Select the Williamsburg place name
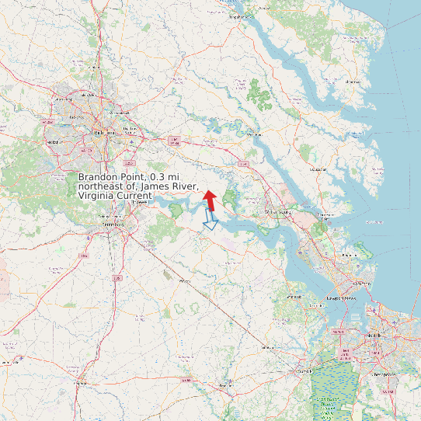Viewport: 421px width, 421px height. (278, 211)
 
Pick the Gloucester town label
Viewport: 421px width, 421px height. (318, 168)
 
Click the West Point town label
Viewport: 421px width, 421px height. (252, 134)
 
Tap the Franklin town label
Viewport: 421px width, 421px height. (226, 386)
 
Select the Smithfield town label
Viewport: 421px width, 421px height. (294, 296)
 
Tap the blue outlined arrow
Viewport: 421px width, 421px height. (209, 220)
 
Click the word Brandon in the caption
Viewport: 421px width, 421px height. (101, 177)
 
